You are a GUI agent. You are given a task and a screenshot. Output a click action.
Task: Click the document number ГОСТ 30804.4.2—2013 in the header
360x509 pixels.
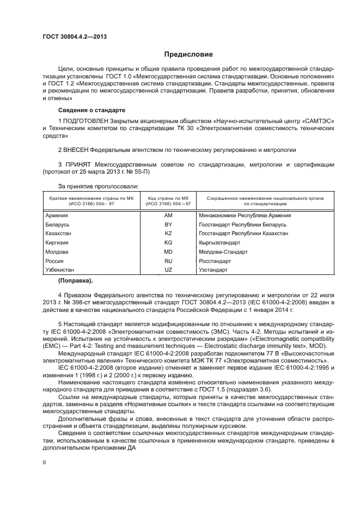tap(74, 36)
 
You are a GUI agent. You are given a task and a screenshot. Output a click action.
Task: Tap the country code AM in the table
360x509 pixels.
tap(168, 216)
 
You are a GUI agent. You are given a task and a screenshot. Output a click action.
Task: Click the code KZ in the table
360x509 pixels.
tap(168, 234)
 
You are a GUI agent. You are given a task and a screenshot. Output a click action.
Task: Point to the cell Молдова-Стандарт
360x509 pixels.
tap(223, 252)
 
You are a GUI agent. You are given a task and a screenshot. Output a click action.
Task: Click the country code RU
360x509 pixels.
tap(168, 261)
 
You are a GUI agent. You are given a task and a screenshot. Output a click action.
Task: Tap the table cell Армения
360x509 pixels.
tap(57, 216)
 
